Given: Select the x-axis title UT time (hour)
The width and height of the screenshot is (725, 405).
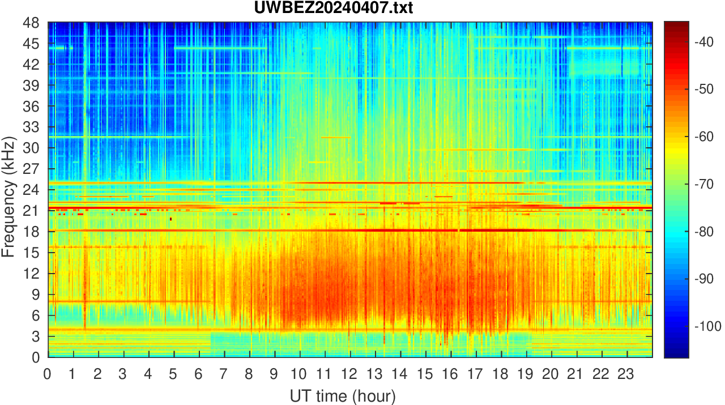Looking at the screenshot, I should [x=343, y=395].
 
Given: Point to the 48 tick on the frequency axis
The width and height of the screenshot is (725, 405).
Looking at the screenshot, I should [x=31, y=23].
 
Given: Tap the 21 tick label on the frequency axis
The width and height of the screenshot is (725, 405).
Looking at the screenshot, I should [x=31, y=211].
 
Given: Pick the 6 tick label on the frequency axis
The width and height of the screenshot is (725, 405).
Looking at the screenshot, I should [x=35, y=316].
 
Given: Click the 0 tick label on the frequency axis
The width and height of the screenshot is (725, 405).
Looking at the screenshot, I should [x=35, y=357].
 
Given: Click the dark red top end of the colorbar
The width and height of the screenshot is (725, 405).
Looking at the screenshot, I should [x=676, y=24].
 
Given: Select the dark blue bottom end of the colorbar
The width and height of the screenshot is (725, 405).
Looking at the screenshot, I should [x=676, y=355].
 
